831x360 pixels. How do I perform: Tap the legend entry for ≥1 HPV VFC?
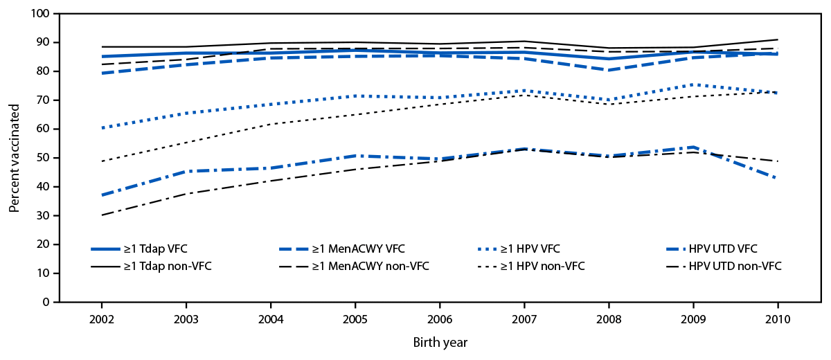click(x=541, y=249)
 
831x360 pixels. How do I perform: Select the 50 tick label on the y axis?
click(x=44, y=158)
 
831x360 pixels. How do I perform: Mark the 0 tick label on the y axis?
click(x=46, y=303)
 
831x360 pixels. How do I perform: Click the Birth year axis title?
click(x=440, y=342)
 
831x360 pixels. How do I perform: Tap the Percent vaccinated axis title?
click(x=14, y=158)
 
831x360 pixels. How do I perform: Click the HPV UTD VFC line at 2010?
click(x=778, y=178)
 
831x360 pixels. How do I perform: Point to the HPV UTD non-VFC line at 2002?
click(x=102, y=215)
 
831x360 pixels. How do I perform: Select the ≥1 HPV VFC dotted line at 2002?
click(x=102, y=128)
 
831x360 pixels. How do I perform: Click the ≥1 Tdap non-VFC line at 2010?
click(x=778, y=39)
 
